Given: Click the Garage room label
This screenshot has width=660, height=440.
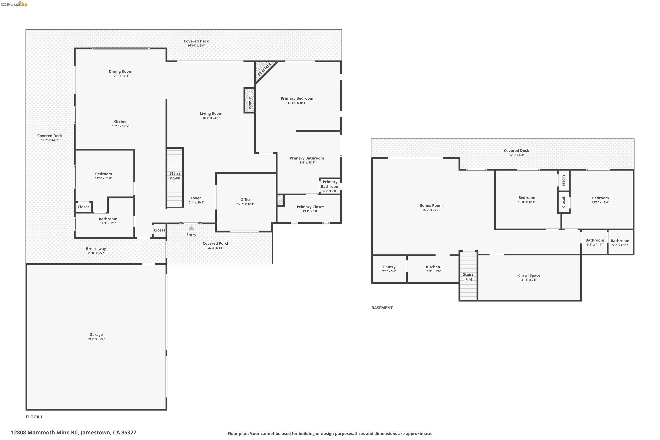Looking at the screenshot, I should point(96,334).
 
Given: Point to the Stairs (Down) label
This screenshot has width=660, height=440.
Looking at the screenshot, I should point(175,176).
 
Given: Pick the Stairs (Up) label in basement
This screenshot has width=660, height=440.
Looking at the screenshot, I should point(468,277).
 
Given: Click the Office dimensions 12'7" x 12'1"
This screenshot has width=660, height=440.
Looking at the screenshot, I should point(246,204).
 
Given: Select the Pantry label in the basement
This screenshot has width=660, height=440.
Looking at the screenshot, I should point(389,267).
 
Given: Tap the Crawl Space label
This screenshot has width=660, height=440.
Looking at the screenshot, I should point(529,275).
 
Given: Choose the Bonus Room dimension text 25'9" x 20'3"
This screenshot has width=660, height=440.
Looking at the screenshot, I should point(431,210).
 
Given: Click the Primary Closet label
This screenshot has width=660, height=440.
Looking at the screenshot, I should point(310,207).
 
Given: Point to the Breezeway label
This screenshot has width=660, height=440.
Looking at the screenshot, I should point(96,249).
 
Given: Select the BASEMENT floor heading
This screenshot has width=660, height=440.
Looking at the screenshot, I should point(382,308).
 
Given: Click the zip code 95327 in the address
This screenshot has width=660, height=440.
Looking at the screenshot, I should point(128,433).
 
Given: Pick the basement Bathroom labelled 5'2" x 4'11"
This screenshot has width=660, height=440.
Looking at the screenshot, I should point(620,241).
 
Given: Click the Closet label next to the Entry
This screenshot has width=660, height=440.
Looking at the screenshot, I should point(159,230).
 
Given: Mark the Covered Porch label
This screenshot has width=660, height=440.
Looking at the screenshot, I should point(216,243).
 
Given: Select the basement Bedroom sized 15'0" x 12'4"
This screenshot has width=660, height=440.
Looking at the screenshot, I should point(600,198).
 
